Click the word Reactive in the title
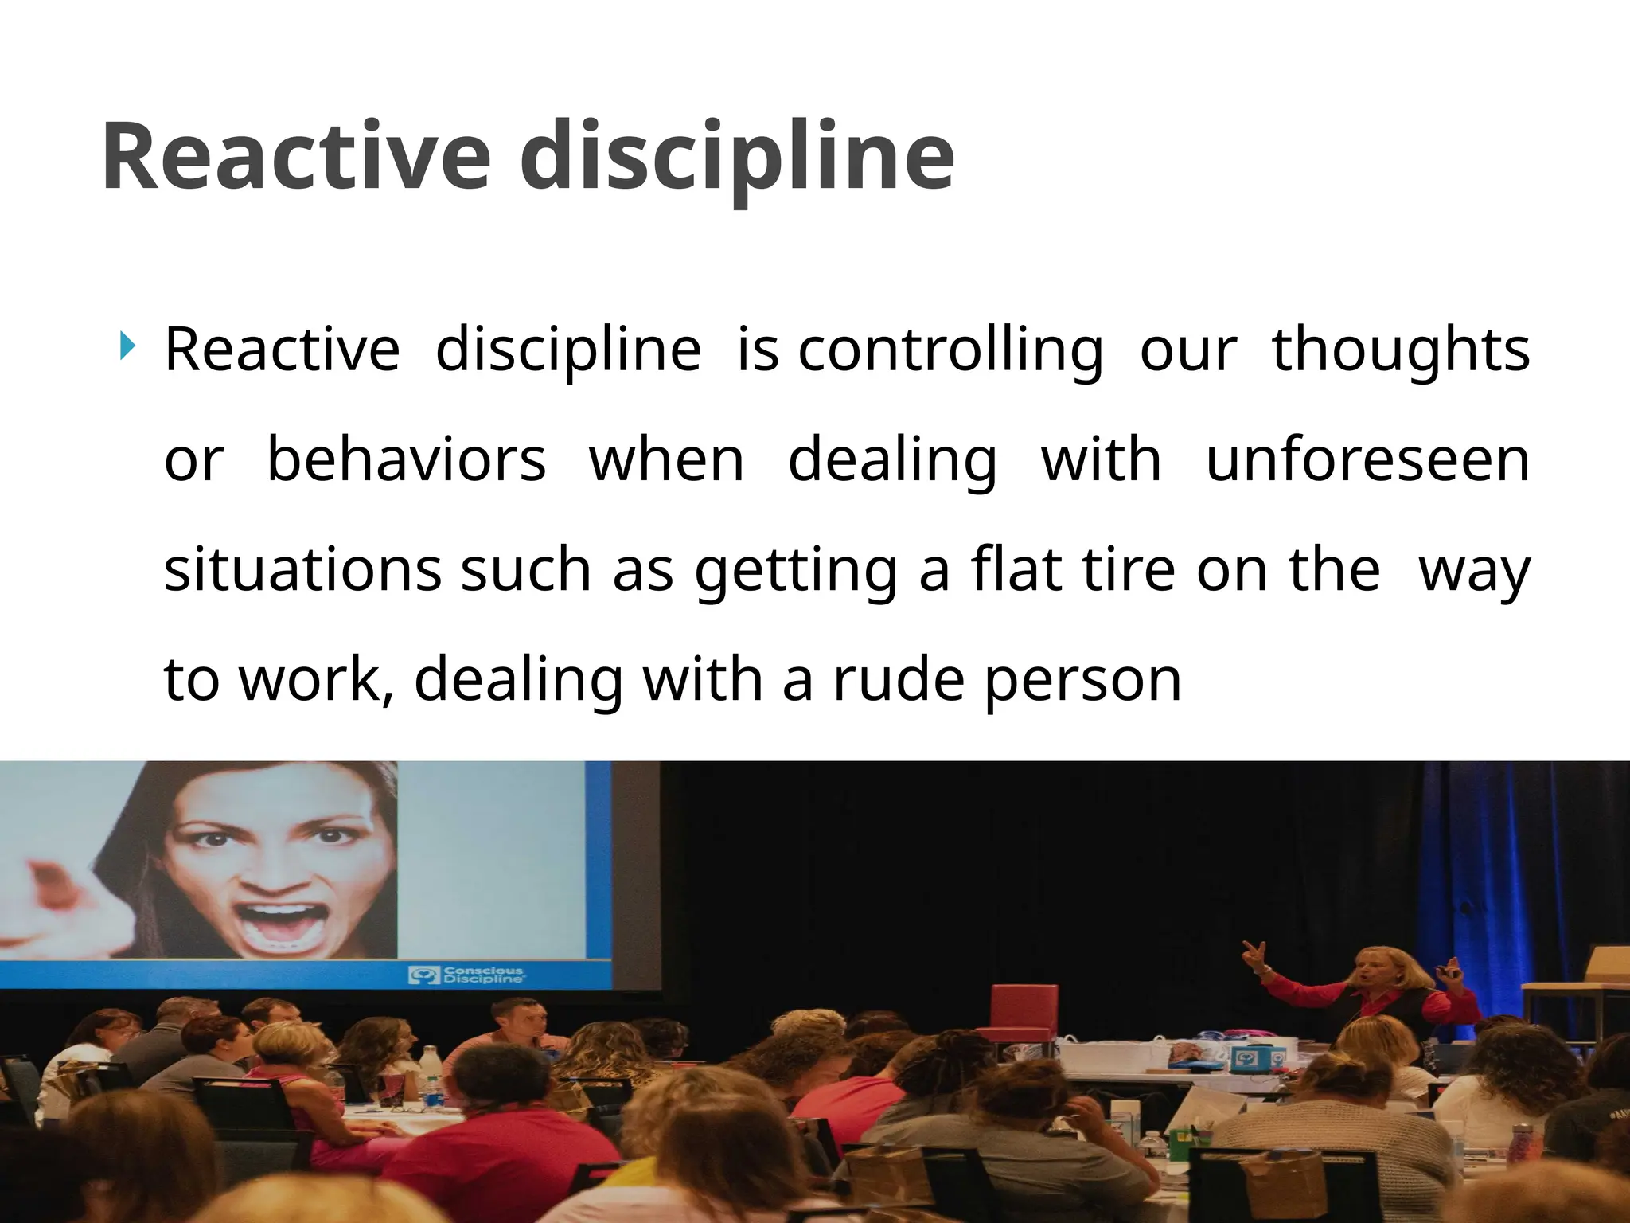296,156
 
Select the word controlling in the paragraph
950,350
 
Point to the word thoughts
1401,350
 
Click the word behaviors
406,460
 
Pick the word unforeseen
1367,460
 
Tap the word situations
302,570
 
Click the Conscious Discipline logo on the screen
466,975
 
